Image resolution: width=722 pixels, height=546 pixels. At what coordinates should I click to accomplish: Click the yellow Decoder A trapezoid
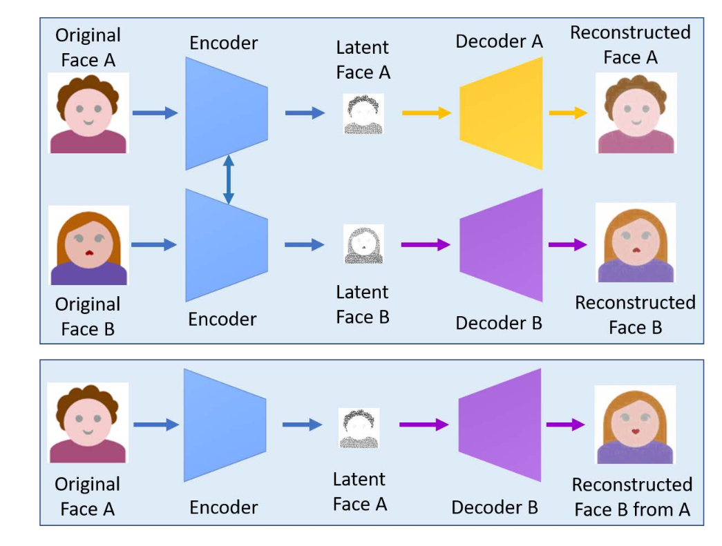[502, 113]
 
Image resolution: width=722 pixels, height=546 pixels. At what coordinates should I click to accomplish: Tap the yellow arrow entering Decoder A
[426, 113]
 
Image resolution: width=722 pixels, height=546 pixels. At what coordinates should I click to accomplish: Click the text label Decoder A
[499, 41]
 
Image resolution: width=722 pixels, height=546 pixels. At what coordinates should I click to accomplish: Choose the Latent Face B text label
[363, 304]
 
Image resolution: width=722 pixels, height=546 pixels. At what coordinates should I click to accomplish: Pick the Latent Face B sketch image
[363, 245]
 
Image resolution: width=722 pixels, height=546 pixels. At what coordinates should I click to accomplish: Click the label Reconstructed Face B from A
[631, 497]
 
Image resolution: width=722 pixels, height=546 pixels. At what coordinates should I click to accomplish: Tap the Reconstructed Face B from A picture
[635, 425]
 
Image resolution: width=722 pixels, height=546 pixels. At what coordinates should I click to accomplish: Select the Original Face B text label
[88, 316]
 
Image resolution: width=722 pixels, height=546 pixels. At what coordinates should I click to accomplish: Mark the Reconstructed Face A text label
[630, 45]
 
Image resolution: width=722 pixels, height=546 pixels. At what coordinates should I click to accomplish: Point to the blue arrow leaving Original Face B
[154, 244]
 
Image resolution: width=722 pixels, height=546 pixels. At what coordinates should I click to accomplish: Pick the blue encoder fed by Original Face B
[227, 246]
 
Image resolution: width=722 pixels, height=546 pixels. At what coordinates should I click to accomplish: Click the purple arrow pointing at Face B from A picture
[566, 425]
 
